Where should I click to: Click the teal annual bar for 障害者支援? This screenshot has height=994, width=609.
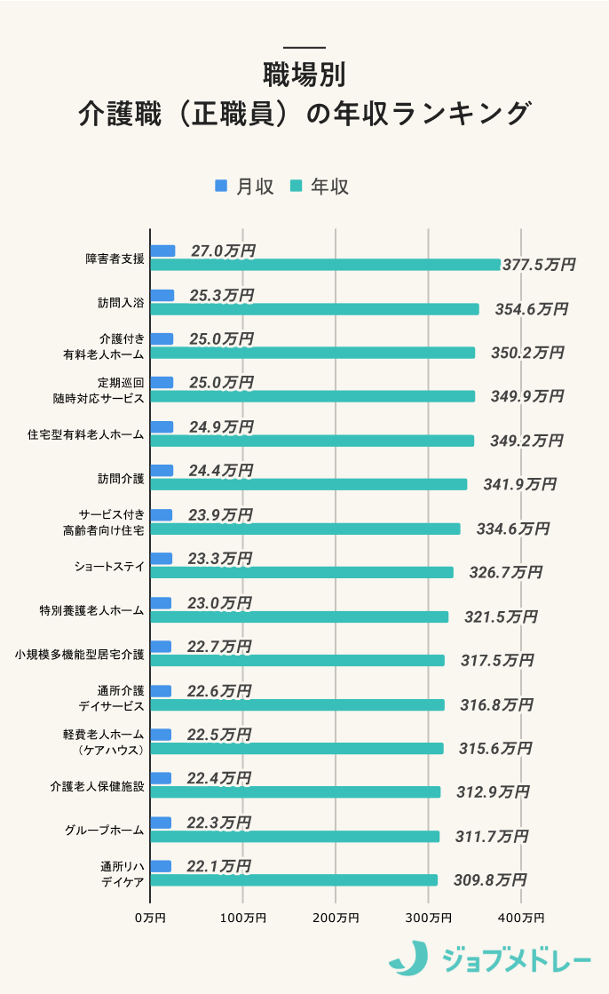coord(325,265)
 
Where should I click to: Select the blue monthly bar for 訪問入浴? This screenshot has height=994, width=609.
coord(162,295)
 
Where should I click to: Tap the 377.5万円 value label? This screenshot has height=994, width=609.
coord(538,265)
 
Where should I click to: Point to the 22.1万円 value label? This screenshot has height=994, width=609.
coord(219,866)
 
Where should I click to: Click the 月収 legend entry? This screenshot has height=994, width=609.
coord(244,187)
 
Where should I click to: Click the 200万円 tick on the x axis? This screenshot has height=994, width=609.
coord(336,917)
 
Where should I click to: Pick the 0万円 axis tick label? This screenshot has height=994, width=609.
coord(150,917)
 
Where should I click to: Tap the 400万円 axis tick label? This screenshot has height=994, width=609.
coord(521,917)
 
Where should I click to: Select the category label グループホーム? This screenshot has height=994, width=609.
coord(104,831)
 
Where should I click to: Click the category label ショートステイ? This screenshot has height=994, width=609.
coord(109,566)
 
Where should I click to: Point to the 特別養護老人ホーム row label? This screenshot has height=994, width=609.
coord(91,610)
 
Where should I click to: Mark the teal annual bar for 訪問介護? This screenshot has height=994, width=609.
coord(308,484)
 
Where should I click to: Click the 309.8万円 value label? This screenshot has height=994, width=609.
coord(489,880)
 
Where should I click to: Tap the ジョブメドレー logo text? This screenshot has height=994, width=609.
coord(515,959)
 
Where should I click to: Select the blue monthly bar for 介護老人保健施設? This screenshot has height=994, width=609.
coord(161,778)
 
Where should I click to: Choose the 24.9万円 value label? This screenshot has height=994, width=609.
coord(221,427)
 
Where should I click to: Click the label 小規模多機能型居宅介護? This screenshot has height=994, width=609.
coord(79,655)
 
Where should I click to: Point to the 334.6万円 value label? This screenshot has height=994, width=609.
coord(512,529)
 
